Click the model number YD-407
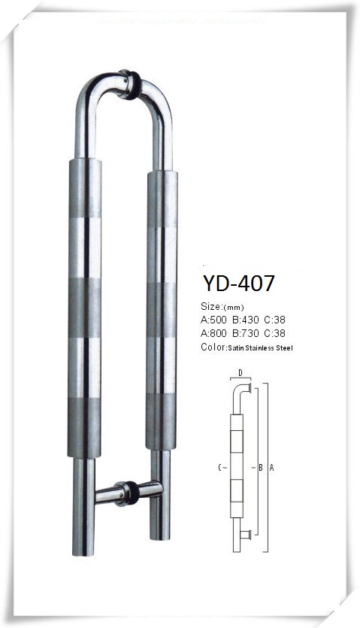point(239,283)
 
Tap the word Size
point(210,306)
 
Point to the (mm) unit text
point(233,308)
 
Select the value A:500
point(214,320)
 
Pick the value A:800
point(214,333)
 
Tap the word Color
point(213,347)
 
